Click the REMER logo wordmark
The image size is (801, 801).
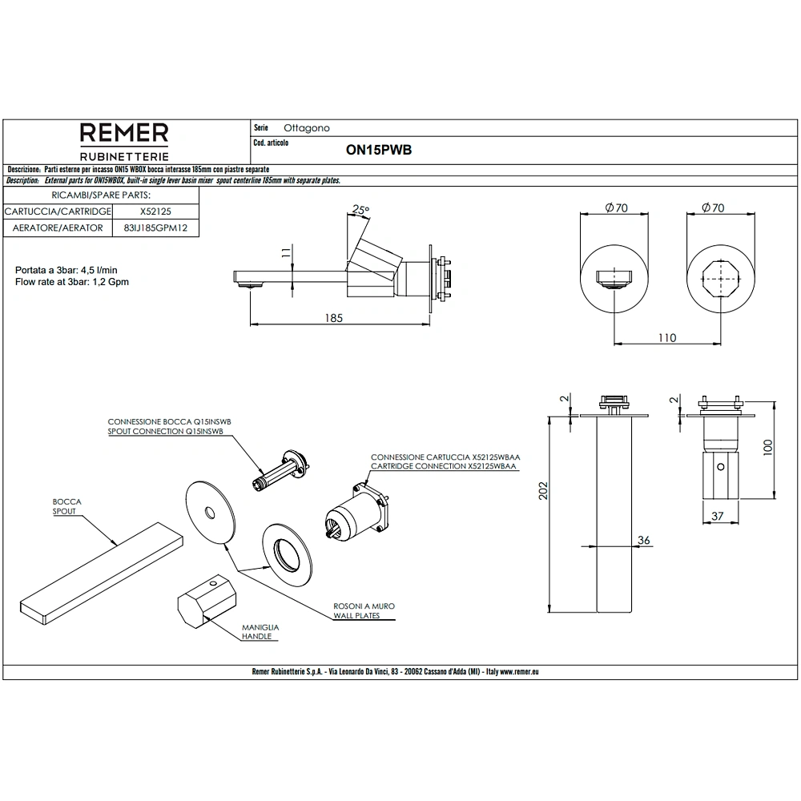pos(124,133)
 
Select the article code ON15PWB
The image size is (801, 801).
pos(379,150)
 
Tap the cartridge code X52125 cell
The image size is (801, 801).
pos(156,211)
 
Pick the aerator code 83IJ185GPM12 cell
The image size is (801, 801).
pos(156,227)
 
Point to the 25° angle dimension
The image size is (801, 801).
pos(360,209)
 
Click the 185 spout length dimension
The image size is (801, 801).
pos(333,318)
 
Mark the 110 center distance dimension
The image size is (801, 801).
pos(667,338)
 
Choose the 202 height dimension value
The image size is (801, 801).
pos(543,490)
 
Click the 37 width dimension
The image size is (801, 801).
pos(717,516)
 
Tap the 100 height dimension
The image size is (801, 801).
pos(768,448)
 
